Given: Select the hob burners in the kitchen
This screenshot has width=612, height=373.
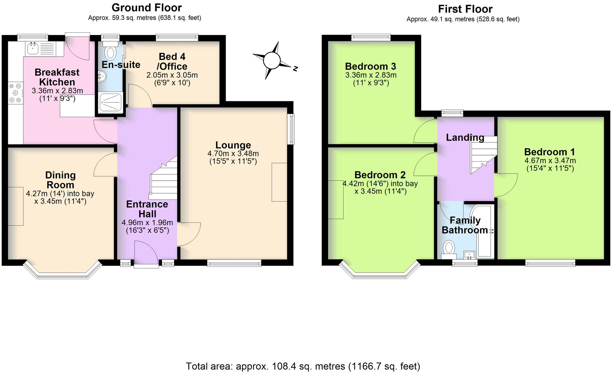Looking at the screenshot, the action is coord(15,93).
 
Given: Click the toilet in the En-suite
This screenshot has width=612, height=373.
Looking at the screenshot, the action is coord(111,51).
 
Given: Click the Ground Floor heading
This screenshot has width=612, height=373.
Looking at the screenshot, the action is coord(147,7).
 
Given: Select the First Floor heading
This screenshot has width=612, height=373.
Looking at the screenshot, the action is coord(465,9).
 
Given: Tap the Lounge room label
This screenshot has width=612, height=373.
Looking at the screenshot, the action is coord(233,145).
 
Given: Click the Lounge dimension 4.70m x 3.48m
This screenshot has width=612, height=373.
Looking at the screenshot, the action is coord(233,153).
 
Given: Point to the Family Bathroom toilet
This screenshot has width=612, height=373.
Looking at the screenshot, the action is coord(449,250).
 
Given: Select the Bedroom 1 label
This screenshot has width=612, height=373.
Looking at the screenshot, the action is coord(549,152).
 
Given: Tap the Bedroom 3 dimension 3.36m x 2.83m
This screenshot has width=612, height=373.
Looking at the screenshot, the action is coord(371,75).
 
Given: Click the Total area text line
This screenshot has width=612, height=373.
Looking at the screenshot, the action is coord(303,366).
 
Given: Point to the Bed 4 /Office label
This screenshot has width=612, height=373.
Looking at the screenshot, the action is coord(172,62).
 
